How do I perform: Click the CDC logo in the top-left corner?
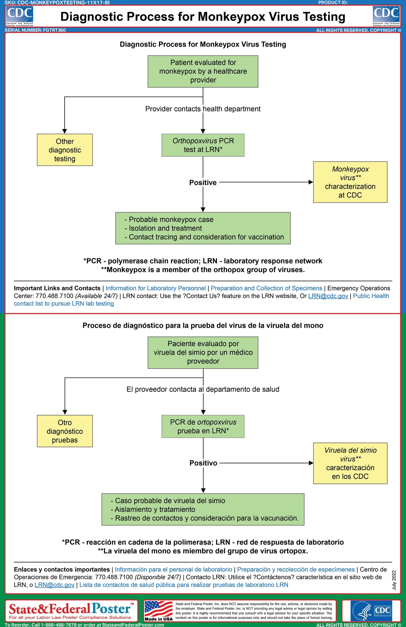point(20,16)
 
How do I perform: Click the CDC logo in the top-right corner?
point(386,16)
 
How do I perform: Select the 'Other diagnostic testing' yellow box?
point(65,150)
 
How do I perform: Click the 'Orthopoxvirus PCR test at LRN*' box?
point(203,145)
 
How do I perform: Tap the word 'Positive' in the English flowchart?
point(203,183)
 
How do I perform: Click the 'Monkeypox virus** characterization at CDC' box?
point(350,182)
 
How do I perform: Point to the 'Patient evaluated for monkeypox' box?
point(203,71)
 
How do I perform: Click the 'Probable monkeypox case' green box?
point(203,228)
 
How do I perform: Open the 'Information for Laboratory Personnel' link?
point(156,288)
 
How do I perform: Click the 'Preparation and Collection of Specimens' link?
point(266,288)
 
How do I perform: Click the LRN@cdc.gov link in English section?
point(328,296)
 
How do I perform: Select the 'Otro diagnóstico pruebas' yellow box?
point(65,431)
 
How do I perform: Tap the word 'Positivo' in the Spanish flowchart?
point(203,463)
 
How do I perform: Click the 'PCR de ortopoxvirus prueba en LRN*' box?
point(203,426)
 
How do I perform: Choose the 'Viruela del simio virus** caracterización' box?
point(350,463)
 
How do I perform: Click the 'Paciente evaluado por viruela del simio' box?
point(203,352)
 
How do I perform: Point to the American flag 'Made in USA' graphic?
point(158,611)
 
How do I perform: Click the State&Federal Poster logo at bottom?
point(71,611)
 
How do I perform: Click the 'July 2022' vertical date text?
point(394,580)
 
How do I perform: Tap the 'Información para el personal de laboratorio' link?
point(174,569)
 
